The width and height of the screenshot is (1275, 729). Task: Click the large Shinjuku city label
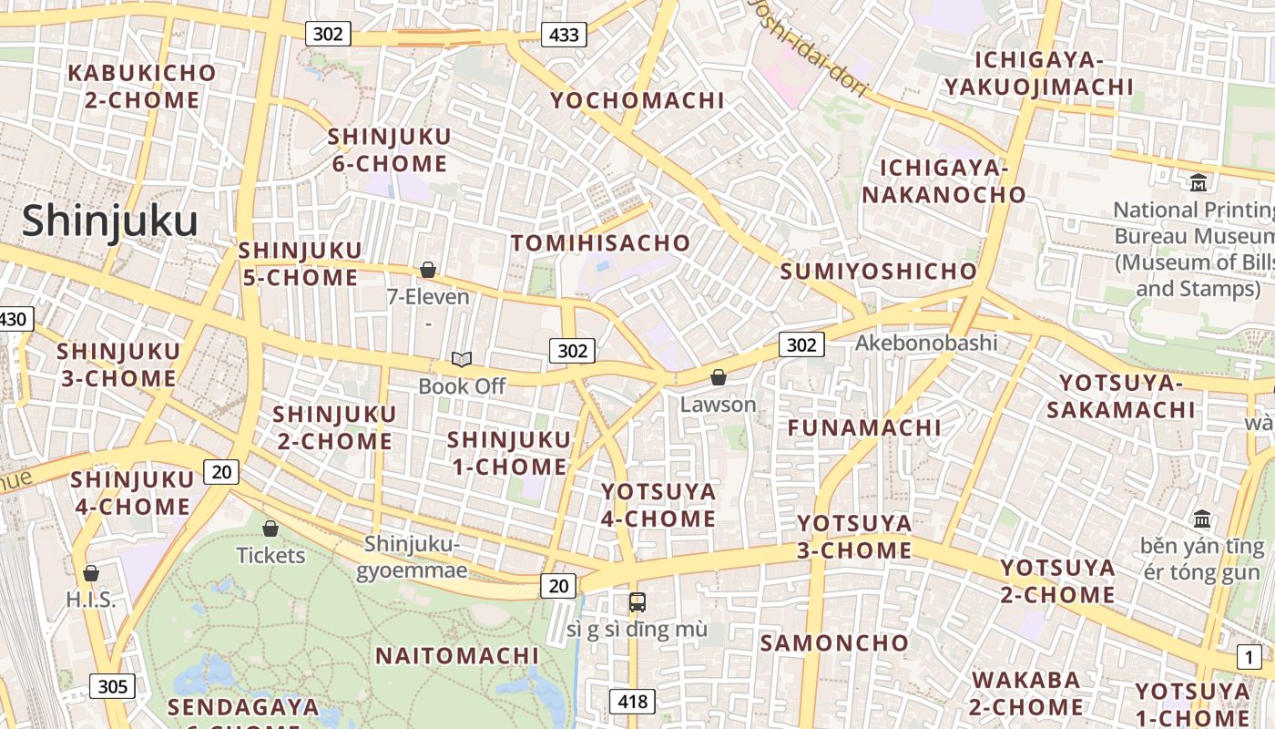click(109, 221)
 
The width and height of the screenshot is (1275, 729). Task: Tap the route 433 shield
click(564, 36)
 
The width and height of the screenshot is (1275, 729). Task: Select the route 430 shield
click(14, 319)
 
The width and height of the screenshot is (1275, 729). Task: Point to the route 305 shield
click(112, 686)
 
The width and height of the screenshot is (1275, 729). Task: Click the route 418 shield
click(632, 701)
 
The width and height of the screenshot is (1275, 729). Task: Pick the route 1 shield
click(1249, 656)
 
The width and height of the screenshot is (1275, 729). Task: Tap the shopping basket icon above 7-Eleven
click(427, 270)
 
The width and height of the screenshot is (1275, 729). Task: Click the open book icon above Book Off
click(462, 360)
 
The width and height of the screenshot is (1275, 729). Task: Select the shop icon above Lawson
click(718, 377)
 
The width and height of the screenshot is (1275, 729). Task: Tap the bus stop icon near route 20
click(637, 601)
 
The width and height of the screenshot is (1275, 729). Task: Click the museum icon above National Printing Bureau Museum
click(1198, 183)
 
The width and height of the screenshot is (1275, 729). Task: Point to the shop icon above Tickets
click(270, 529)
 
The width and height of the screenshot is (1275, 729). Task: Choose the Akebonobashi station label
click(925, 343)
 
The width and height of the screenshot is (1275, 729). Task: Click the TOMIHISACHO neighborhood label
click(600, 243)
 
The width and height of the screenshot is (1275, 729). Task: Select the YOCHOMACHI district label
click(637, 100)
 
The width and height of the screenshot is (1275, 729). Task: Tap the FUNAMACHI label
click(864, 427)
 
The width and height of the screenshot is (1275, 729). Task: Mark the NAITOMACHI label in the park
click(457, 655)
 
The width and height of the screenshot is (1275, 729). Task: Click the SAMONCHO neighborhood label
click(834, 642)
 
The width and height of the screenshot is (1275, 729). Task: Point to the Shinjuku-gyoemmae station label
click(412, 558)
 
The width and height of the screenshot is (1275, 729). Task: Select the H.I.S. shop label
click(91, 600)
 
